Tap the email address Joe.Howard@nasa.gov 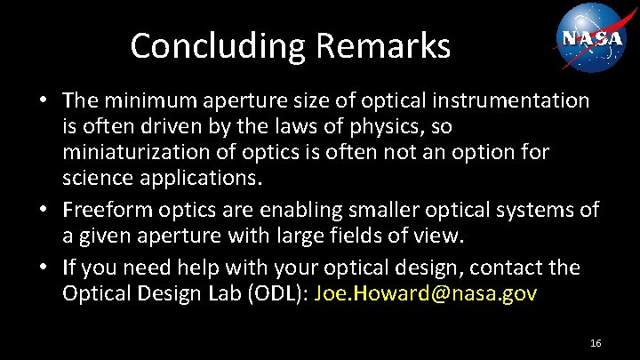point(426,292)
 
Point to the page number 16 point(596,342)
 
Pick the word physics point(373,127)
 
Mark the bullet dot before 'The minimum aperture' point(44,101)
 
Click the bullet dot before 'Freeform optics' point(44,211)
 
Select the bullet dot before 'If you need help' point(44,267)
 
